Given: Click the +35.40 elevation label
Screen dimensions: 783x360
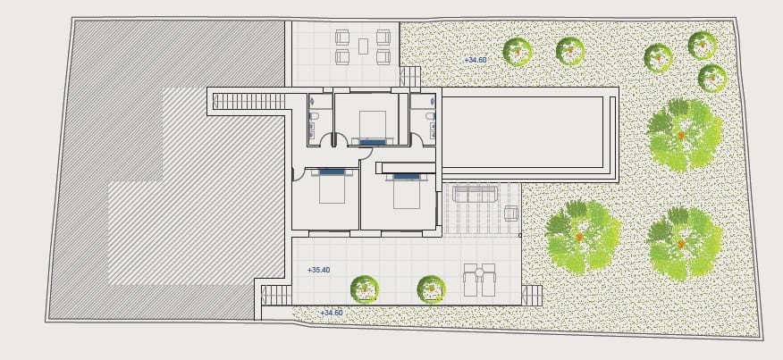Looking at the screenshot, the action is (318, 270).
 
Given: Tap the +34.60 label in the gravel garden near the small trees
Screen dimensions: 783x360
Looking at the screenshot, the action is (475, 60).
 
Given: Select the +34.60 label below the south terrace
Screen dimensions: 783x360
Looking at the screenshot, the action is (331, 313).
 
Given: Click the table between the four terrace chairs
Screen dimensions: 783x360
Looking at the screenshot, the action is (364, 46).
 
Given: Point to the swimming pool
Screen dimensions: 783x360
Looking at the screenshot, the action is (523, 132).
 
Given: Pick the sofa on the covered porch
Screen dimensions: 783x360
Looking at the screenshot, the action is (475, 193).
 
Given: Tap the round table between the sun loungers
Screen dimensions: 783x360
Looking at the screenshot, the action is (479, 272).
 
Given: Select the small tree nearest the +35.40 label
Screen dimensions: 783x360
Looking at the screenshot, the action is (365, 289).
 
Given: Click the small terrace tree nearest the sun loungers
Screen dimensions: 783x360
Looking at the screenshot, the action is (432, 289).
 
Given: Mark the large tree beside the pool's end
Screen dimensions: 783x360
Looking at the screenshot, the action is (684, 135).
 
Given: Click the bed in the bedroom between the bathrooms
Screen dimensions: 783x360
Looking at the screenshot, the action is (373, 128).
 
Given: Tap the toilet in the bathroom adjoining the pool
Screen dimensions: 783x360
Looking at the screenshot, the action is (430, 116).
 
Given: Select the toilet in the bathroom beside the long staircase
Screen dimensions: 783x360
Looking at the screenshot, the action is (314, 116).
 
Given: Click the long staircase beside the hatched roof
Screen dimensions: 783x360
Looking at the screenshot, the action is (248, 101).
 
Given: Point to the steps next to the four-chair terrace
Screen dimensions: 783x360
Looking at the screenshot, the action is (410, 77).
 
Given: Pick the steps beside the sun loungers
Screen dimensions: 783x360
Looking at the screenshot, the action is (532, 295).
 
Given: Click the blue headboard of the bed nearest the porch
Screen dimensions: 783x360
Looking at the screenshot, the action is (407, 177).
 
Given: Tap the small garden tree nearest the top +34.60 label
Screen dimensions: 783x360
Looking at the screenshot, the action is (518, 52).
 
